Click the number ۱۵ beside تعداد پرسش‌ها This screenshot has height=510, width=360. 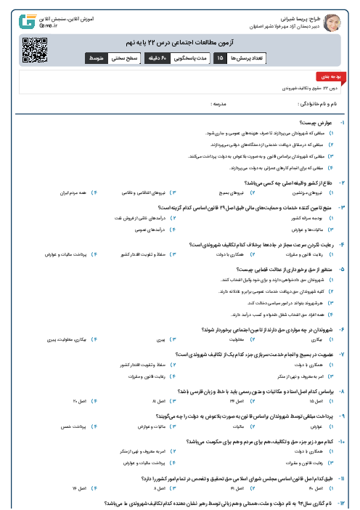(219, 56)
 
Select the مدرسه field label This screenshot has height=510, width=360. (219, 104)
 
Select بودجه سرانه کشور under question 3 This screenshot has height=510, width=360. (317, 217)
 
